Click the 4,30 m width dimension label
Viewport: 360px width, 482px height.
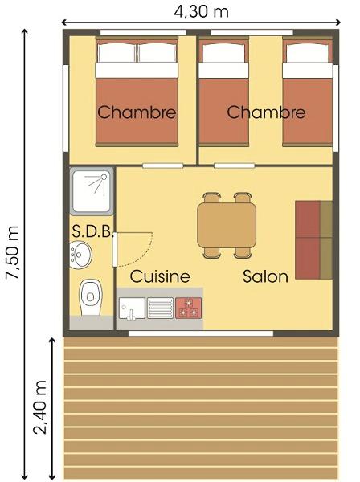click(201, 12)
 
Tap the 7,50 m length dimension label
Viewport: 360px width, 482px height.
click(13, 252)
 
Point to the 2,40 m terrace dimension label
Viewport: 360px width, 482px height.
click(40, 406)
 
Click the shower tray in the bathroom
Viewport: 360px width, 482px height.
click(92, 191)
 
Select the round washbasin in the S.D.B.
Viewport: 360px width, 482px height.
click(80, 255)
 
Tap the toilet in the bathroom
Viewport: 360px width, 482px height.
click(90, 297)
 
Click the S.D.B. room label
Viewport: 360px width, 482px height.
click(92, 231)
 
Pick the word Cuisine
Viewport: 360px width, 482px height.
click(160, 276)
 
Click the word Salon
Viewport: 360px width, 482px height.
click(266, 276)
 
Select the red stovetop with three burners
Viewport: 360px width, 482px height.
click(189, 308)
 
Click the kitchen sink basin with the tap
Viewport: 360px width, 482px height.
click(132, 308)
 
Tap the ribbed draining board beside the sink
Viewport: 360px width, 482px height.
click(160, 308)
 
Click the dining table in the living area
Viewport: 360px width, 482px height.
click(227, 225)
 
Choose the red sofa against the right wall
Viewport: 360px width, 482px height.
click(313, 240)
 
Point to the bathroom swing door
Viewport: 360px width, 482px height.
click(115, 250)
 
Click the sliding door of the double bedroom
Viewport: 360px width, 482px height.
click(163, 166)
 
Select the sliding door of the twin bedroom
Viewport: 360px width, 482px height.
click(235, 166)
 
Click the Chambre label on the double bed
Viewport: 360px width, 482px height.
click(137, 112)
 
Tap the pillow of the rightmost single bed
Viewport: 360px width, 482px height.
click(308, 53)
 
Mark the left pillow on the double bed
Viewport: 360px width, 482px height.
click(117, 52)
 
